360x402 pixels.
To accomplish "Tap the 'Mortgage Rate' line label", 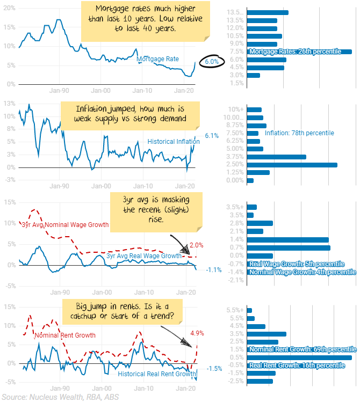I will coord(157,59).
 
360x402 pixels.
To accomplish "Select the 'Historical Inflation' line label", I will coord(174,142).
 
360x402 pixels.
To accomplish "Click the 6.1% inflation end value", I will coord(212,136).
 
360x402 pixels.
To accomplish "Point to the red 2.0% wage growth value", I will coord(197,245).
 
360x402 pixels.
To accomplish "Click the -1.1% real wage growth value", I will coord(213,269).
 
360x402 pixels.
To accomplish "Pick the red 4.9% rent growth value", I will coord(197,333).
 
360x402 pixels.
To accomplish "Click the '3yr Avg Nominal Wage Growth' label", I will coord(65,224).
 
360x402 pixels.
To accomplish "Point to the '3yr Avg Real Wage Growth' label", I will coord(143,256).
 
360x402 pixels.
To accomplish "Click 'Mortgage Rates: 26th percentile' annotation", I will coord(295,52).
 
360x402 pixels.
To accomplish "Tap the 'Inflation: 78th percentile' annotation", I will coord(299,133).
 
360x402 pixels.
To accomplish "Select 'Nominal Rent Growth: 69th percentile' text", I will coord(303,349).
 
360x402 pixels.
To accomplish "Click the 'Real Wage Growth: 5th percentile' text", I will coord(296,264).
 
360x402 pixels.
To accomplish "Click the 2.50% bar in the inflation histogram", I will coord(292,164).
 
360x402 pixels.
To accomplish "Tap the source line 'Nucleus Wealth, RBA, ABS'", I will coord(60,397).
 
